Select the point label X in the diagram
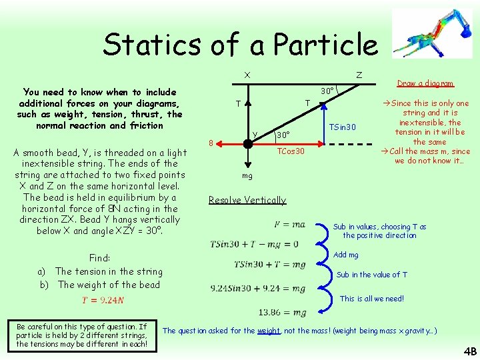pyautogui.click(x=247, y=75)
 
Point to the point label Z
pyautogui.click(x=359, y=75)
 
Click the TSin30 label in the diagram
pyautogui.click(x=343, y=127)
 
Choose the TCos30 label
pyautogui.click(x=291, y=151)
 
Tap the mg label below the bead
pyautogui.click(x=247, y=176)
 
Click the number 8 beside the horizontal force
pyautogui.click(x=211, y=143)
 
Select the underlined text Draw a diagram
pyautogui.click(x=425, y=83)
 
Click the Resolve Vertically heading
pyautogui.click(x=247, y=200)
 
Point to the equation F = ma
pyautogui.click(x=290, y=225)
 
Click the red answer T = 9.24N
pyautogui.click(x=103, y=300)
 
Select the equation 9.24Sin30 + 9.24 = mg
pyautogui.click(x=258, y=289)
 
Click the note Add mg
pyautogui.click(x=345, y=255)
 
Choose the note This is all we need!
pyautogui.click(x=371, y=299)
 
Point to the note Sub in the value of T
pyautogui.click(x=371, y=275)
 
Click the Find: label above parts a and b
pyautogui.click(x=99, y=258)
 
